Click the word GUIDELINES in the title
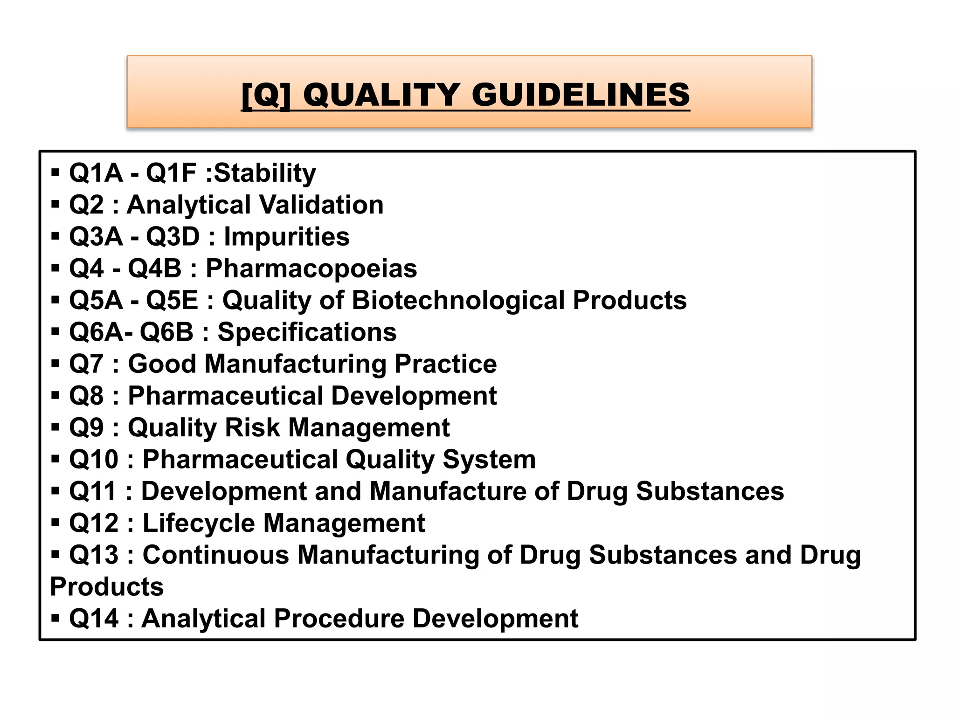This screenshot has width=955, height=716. pos(581,95)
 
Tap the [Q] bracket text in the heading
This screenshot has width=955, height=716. pos(266,95)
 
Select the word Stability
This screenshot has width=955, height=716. pos(265,173)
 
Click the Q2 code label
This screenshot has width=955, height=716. pos(86,205)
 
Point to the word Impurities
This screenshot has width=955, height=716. pos(286,237)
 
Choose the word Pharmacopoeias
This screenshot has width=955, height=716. pos(311,269)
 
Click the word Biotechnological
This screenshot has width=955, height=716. pos(458,300)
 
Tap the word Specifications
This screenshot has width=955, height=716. pos(307,332)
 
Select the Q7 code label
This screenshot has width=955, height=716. pos(86,364)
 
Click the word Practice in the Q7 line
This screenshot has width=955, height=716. pos(445,364)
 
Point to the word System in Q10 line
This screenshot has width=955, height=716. pos(489,460)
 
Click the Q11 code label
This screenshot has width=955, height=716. pos(92,492)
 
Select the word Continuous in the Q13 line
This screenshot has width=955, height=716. pos(215,555)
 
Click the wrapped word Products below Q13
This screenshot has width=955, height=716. pos(107,587)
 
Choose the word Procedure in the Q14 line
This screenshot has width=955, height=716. pos(339,619)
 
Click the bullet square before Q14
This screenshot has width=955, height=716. pos(55,619)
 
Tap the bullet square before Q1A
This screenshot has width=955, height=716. pos(55,173)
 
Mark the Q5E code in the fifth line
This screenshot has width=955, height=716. pos(172,300)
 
